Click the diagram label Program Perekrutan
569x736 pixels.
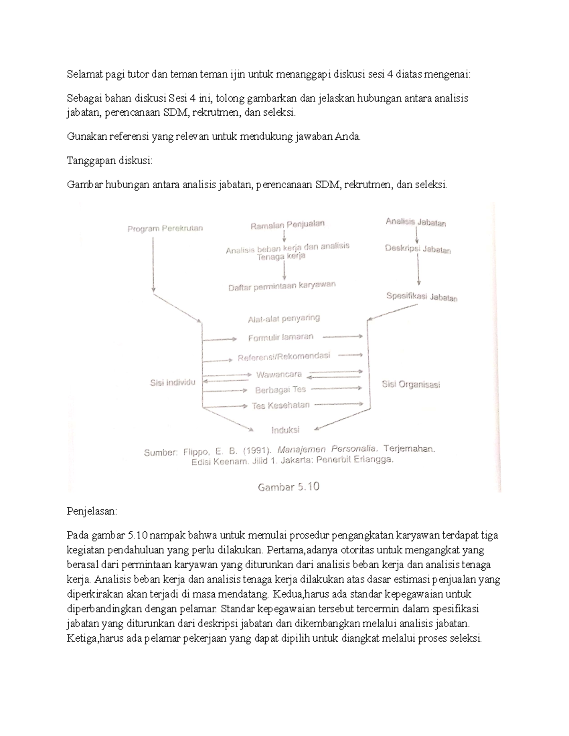point(165,228)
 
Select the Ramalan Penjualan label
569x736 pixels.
point(287,225)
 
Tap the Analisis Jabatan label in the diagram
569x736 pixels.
point(415,222)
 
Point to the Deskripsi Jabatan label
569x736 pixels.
point(418,249)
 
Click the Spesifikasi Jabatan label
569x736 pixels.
point(422,297)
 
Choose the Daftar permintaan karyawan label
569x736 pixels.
point(282,286)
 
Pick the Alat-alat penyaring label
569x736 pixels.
point(284,318)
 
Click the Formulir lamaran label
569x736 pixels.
point(281,337)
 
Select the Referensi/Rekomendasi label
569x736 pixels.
point(284,356)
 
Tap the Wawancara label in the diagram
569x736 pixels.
point(279,374)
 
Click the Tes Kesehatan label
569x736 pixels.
point(281,406)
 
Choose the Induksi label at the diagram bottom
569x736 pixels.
point(285,430)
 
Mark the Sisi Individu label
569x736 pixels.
point(173,383)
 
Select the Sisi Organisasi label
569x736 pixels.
point(411,384)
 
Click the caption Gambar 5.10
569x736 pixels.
point(288,487)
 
